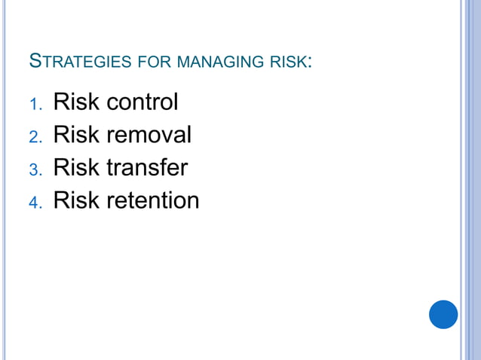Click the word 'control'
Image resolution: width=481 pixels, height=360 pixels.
(x=142, y=102)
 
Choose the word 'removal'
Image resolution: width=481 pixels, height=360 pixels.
(x=149, y=135)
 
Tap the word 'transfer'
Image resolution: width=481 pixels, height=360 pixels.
(x=146, y=168)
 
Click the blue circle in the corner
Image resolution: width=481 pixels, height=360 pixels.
(x=443, y=314)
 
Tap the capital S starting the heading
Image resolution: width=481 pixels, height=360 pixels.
(x=34, y=60)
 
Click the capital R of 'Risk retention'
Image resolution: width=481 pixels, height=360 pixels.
(x=60, y=201)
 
